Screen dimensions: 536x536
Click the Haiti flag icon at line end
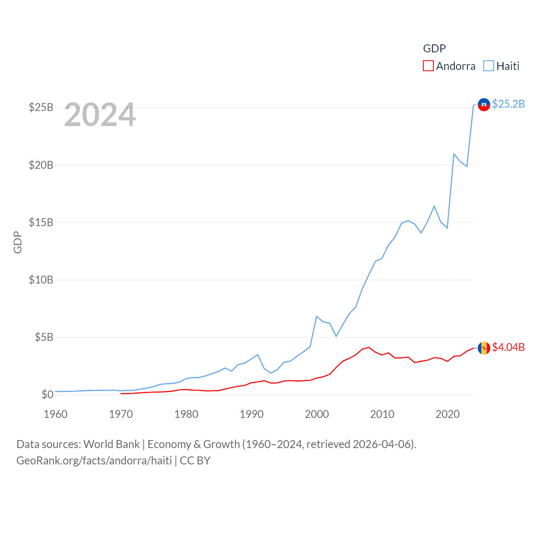pyautogui.click(x=484, y=105)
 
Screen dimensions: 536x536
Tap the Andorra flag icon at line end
pyautogui.click(x=484, y=348)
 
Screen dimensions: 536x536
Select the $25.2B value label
pyautogui.click(x=508, y=104)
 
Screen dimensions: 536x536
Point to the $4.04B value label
pyautogui.click(x=508, y=347)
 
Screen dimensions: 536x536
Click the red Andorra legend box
pyautogui.click(x=428, y=66)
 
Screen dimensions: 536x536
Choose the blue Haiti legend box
pyautogui.click(x=488, y=66)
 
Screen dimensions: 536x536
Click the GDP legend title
pyautogui.click(x=434, y=49)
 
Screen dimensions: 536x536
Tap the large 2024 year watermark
pyautogui.click(x=100, y=115)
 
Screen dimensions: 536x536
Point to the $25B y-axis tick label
pyautogui.click(x=41, y=108)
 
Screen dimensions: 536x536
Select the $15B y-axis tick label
pyautogui.click(x=41, y=222)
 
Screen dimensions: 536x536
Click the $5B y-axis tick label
pyautogui.click(x=44, y=337)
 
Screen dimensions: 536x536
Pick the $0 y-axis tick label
pyautogui.click(x=47, y=394)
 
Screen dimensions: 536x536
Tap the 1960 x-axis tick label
pyautogui.click(x=56, y=415)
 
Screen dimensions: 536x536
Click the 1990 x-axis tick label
pyautogui.click(x=252, y=415)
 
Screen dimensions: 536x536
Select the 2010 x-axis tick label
pyautogui.click(x=382, y=415)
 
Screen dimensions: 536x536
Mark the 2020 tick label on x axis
pyautogui.click(x=448, y=415)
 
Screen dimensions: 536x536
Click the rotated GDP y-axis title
pyautogui.click(x=18, y=242)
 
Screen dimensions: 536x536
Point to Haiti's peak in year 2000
pyautogui.click(x=317, y=317)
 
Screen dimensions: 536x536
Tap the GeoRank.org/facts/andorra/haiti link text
pyautogui.click(x=94, y=461)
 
